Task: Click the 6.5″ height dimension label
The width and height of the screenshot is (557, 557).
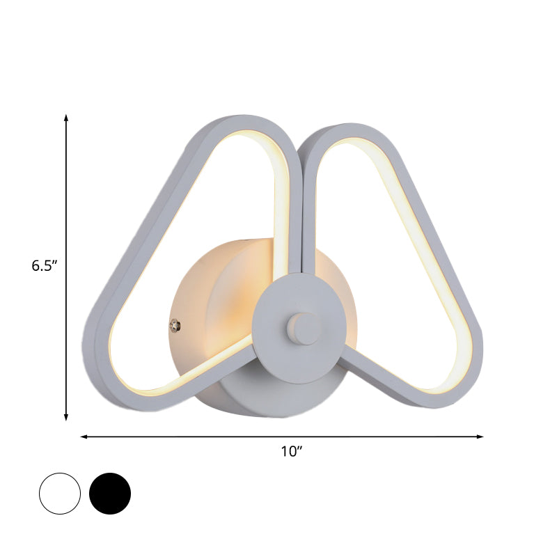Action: click(x=43, y=265)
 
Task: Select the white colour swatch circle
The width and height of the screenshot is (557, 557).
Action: click(x=61, y=494)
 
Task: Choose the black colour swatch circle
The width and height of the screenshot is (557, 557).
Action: click(x=110, y=494)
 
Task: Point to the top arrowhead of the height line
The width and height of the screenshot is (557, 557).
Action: click(x=66, y=117)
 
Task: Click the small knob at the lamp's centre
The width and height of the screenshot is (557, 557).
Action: click(x=300, y=326)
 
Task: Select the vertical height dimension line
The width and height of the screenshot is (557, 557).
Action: click(x=66, y=209)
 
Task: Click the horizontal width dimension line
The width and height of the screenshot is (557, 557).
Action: click(x=209, y=437)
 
